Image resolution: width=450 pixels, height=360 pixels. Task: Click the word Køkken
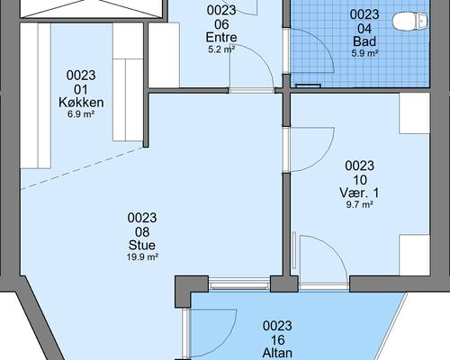click(81, 103)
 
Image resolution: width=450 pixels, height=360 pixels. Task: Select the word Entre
click(221, 37)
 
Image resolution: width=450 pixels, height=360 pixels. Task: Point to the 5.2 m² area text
click(221, 49)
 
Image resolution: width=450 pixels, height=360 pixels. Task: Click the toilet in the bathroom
click(409, 22)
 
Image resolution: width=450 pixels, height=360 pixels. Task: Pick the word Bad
click(364, 41)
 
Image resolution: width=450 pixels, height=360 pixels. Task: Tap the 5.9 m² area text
click(364, 53)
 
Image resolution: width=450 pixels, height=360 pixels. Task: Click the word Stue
click(142, 245)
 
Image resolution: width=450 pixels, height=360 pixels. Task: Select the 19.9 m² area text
click(142, 257)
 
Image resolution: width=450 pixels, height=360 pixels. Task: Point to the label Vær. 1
click(359, 193)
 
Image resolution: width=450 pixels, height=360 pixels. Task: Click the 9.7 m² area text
click(359, 205)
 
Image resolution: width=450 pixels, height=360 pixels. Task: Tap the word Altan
click(277, 353)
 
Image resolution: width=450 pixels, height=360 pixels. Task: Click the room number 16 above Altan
click(277, 340)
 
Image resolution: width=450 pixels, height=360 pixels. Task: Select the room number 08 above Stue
click(142, 232)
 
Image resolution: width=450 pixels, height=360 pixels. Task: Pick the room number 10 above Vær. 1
click(359, 180)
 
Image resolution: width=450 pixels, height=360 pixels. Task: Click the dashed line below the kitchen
click(82, 168)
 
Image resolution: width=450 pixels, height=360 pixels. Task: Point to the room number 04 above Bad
click(364, 29)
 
